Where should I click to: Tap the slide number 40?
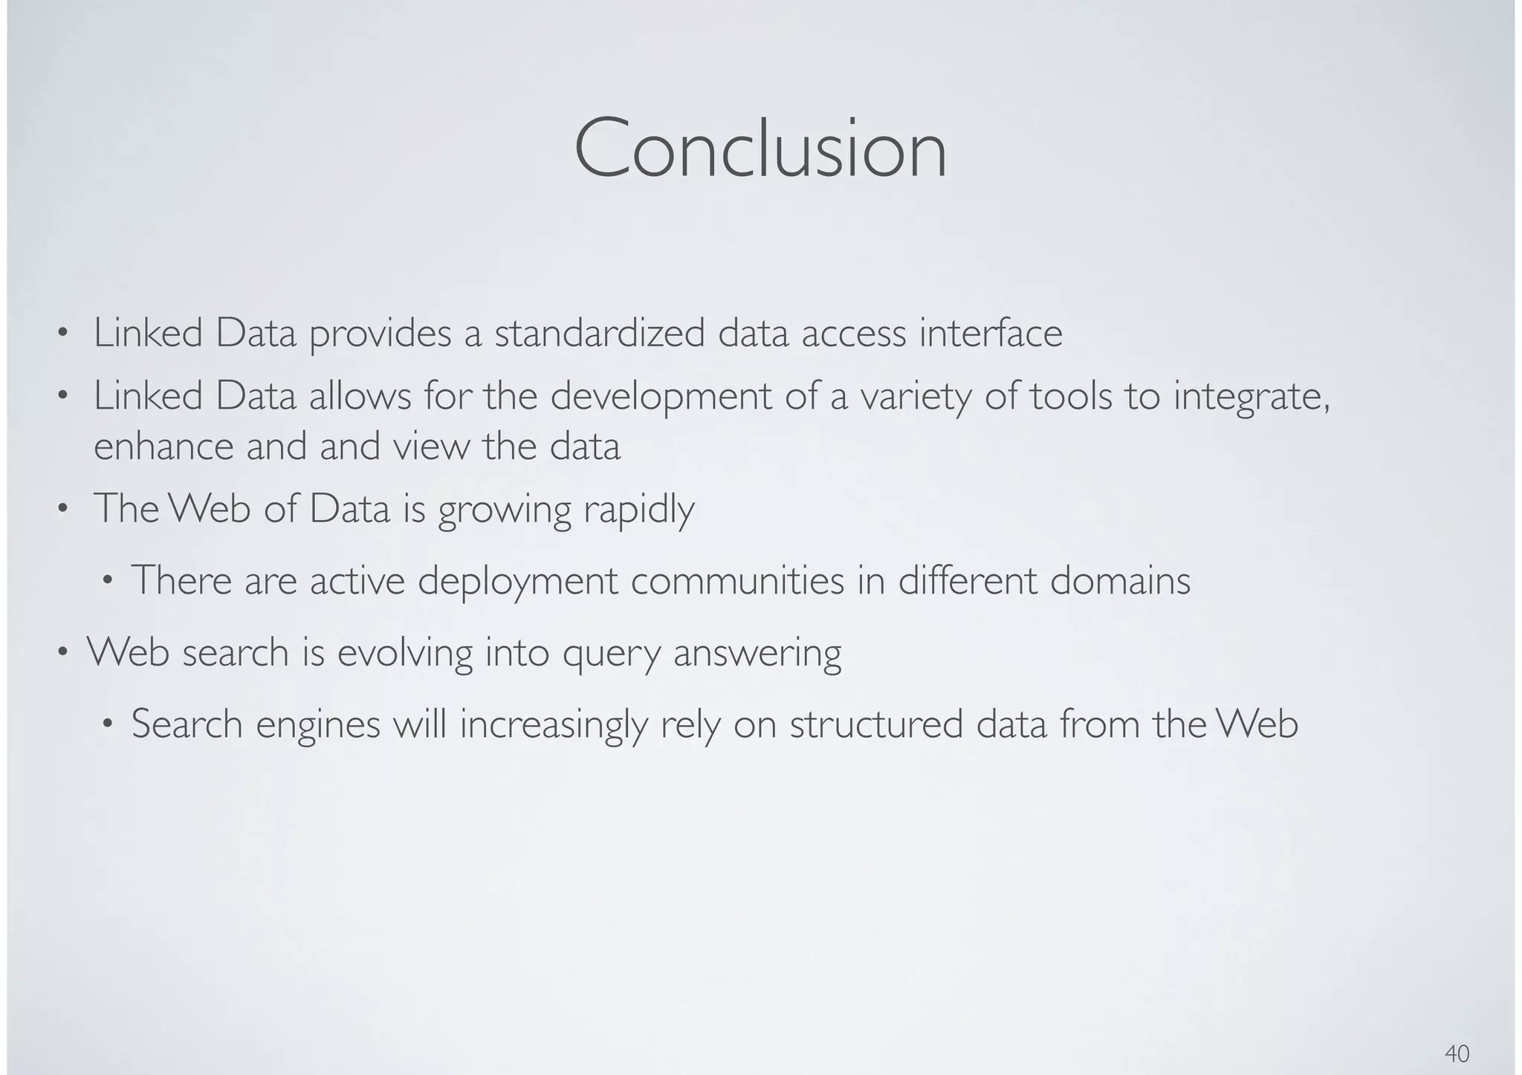[x=1457, y=1053]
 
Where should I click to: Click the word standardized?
[x=599, y=334]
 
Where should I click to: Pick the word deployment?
[x=518, y=581]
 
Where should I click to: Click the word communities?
[x=737, y=581]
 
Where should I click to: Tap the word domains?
[x=1120, y=581]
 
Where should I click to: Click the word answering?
[x=757, y=652]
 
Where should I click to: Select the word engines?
[x=318, y=724]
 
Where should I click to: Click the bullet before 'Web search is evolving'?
[x=64, y=653]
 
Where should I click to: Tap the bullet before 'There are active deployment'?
[x=108, y=581]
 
